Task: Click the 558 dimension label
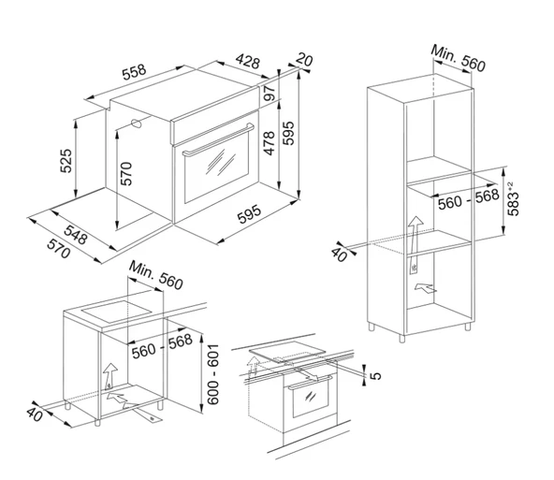(134, 72)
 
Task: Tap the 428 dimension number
(248, 61)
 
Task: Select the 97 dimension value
(270, 94)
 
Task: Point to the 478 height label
(270, 143)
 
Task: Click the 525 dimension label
(66, 161)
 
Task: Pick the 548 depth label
(75, 235)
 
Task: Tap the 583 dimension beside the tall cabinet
(513, 199)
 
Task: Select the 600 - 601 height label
(213, 374)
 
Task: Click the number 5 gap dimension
(376, 375)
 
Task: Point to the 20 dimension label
(304, 59)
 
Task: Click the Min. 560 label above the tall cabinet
(458, 58)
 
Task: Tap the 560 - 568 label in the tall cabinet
(468, 199)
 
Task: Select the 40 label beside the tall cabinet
(339, 255)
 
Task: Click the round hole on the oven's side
(137, 124)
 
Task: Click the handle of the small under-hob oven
(310, 382)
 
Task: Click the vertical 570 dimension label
(126, 173)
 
